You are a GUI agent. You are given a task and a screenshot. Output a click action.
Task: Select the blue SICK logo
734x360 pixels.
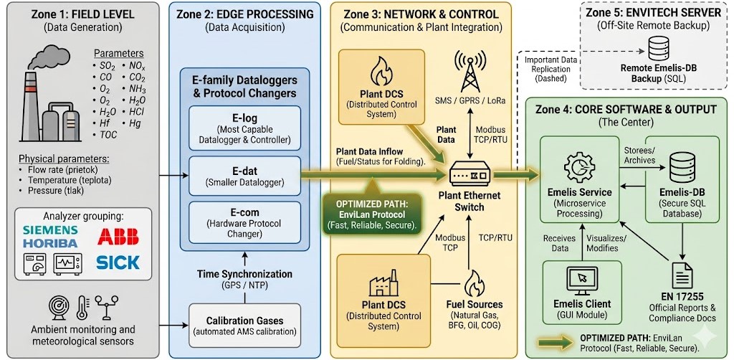(x=118, y=262)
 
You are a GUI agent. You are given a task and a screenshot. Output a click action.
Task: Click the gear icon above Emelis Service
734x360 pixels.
(x=579, y=166)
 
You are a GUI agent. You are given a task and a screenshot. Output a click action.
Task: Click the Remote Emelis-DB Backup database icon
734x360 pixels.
(x=658, y=49)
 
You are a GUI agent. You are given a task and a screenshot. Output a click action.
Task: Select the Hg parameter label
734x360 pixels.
(x=135, y=123)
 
